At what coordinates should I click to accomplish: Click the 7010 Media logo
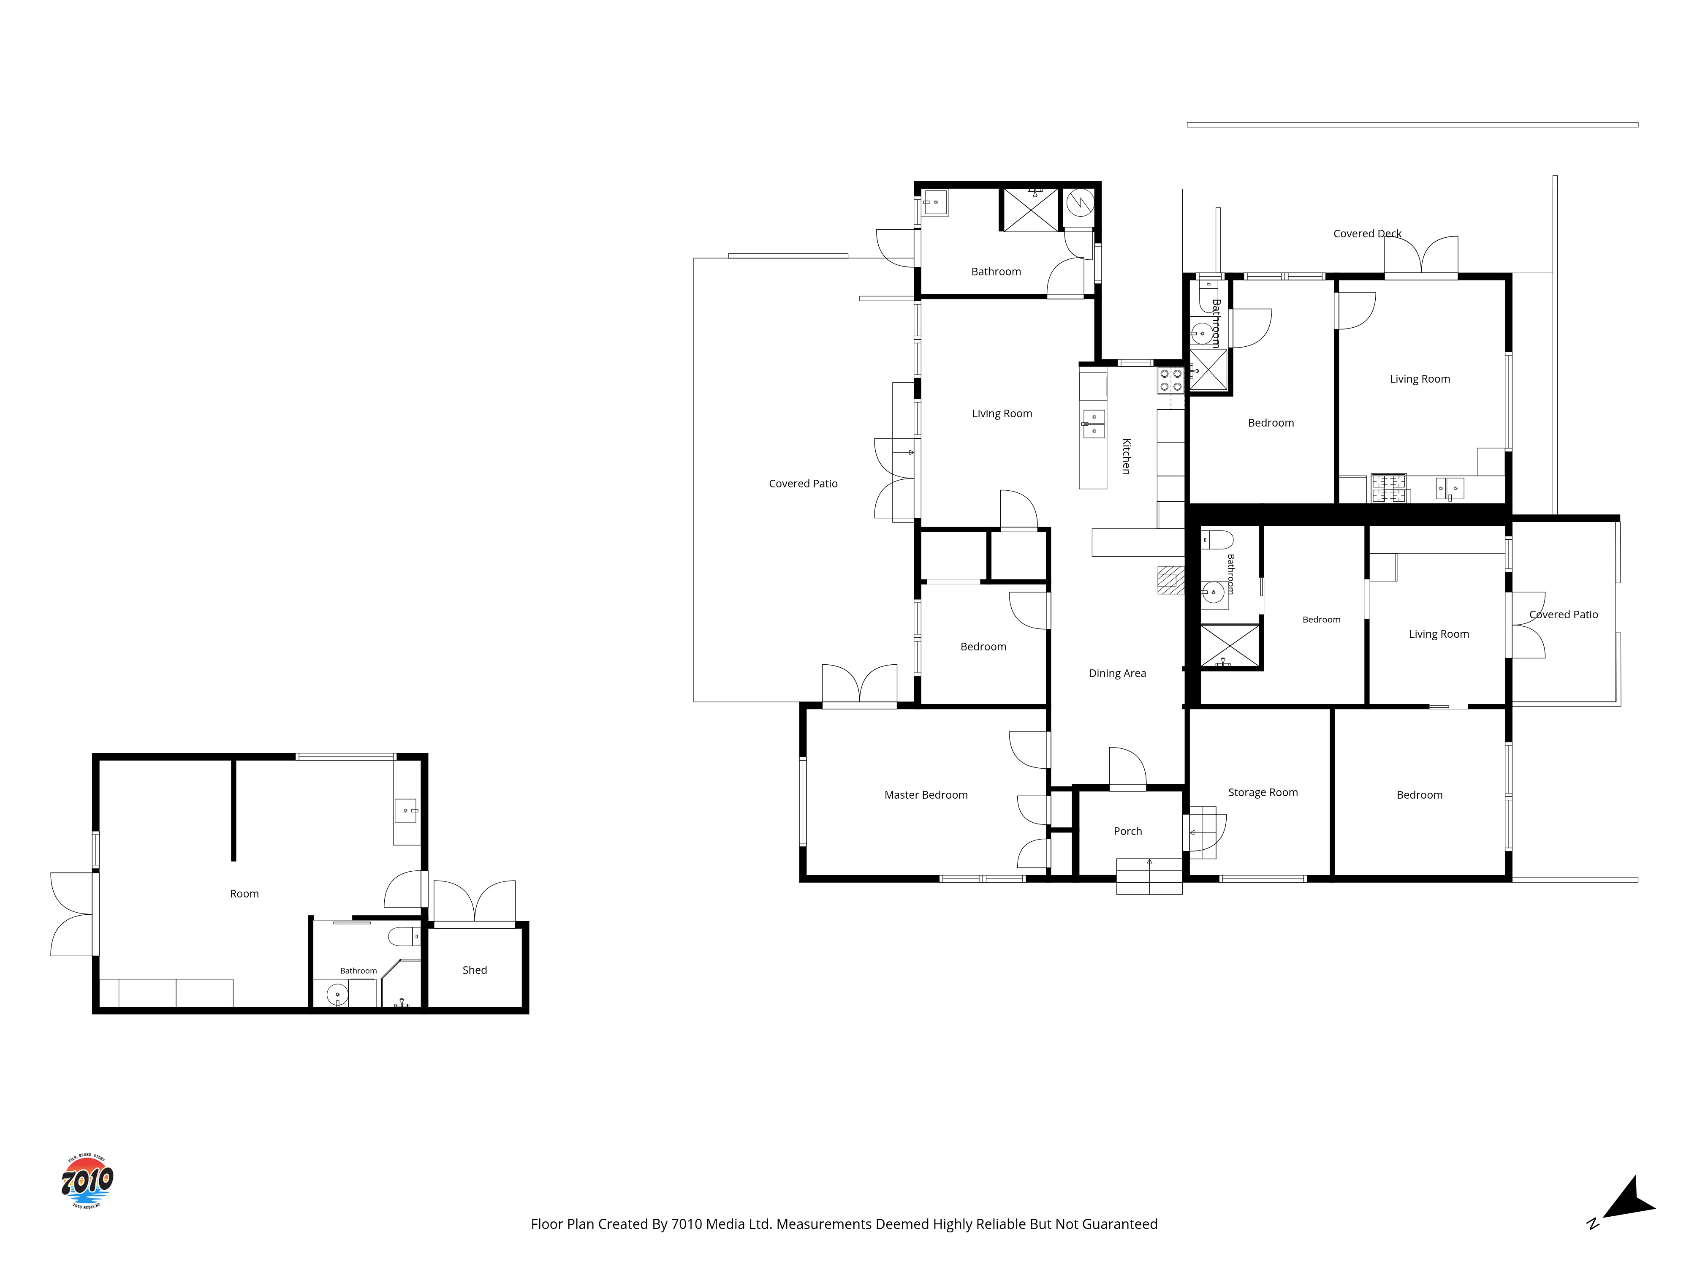pyautogui.click(x=87, y=1181)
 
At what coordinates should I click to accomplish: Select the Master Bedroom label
pyautogui.click(x=926, y=795)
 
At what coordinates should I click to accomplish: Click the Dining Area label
pyautogui.click(x=1117, y=673)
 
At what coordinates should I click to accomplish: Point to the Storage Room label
pyautogui.click(x=1263, y=793)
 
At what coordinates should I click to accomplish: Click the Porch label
pyautogui.click(x=1128, y=831)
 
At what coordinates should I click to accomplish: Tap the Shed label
pyautogui.click(x=474, y=970)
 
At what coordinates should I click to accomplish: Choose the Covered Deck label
pyautogui.click(x=1367, y=234)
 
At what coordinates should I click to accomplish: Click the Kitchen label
pyautogui.click(x=1126, y=456)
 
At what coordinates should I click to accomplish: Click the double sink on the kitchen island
pyautogui.click(x=1094, y=424)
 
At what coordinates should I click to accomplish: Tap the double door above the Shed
pyautogui.click(x=474, y=903)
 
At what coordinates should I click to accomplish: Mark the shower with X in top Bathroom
pyautogui.click(x=1030, y=210)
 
